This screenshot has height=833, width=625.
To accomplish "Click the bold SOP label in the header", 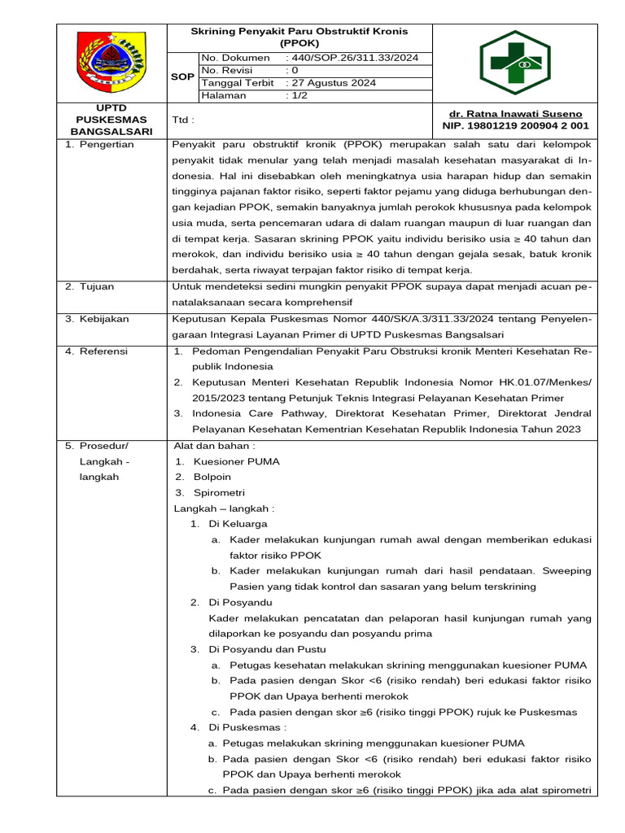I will pyautogui.click(x=182, y=76).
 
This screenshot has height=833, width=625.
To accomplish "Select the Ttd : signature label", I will pyautogui.click(x=184, y=120).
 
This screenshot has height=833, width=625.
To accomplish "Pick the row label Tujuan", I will pyautogui.click(x=92, y=287).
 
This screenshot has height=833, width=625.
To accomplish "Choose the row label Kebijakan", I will pyautogui.click(x=98, y=319).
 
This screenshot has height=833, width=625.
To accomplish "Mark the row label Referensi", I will pyautogui.click(x=98, y=351).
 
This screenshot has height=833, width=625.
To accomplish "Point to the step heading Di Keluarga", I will pyautogui.click(x=238, y=524).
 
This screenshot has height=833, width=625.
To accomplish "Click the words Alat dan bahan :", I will pyautogui.click(x=215, y=446).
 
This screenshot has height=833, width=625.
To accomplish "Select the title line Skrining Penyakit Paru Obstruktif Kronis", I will pyautogui.click(x=299, y=31).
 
